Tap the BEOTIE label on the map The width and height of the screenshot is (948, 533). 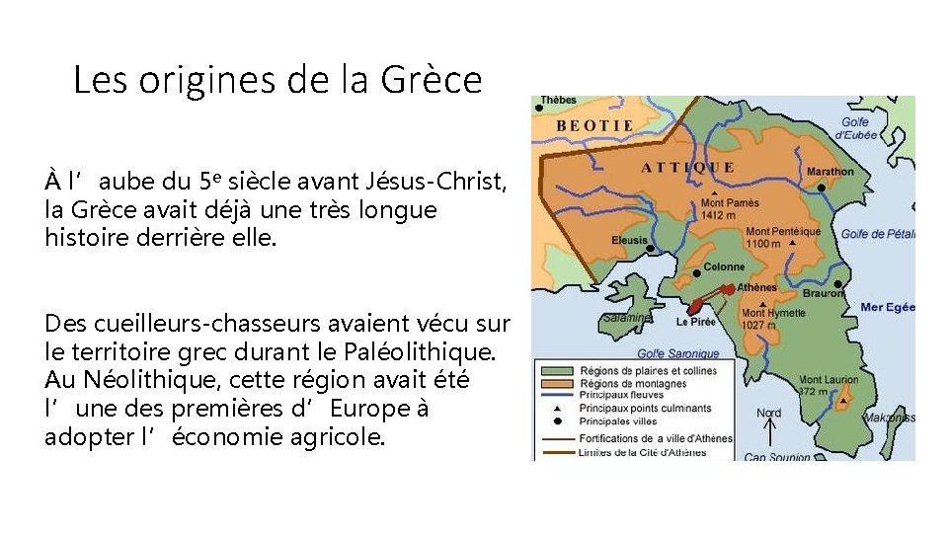click(x=594, y=126)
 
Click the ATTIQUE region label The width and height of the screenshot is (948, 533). click(x=688, y=167)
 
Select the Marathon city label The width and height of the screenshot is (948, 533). click(x=830, y=172)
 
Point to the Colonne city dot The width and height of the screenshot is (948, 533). click(x=698, y=272)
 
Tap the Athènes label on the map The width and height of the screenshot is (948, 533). click(x=757, y=287)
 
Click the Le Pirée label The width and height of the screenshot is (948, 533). click(x=696, y=322)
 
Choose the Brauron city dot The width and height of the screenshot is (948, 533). click(x=839, y=282)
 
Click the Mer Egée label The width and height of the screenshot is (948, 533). click(x=888, y=308)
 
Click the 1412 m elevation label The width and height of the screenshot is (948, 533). click(x=718, y=215)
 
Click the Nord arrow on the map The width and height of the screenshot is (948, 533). click(x=769, y=431)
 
